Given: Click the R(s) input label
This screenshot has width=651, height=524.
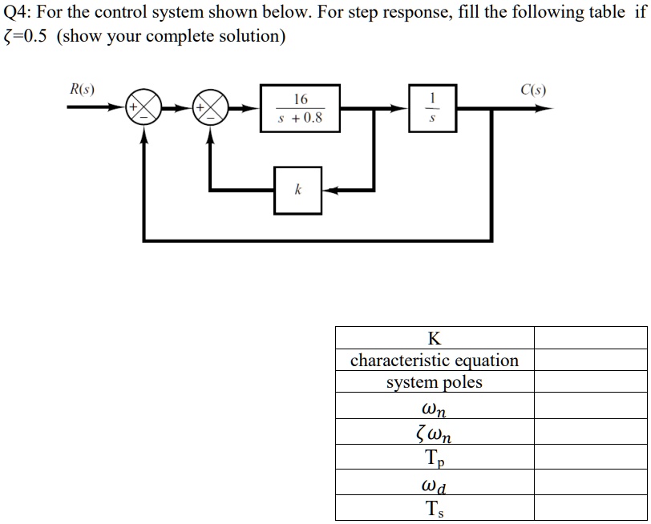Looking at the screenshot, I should (x=81, y=89).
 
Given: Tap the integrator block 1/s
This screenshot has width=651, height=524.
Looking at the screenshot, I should (x=433, y=109).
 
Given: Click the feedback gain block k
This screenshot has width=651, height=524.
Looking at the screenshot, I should (x=297, y=190).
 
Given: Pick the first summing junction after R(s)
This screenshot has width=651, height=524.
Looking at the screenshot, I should (x=144, y=109).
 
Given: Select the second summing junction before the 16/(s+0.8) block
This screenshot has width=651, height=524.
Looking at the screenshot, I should (x=211, y=109).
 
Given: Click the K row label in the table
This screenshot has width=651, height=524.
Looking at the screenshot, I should (x=434, y=337).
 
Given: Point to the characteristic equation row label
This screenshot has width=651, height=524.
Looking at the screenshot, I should (x=434, y=360).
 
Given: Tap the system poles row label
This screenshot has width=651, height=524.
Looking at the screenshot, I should (x=434, y=382).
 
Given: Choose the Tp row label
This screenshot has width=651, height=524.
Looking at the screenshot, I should (x=434, y=458).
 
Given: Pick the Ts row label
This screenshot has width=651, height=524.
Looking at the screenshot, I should (x=434, y=509).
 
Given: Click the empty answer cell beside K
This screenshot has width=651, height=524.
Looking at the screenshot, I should (x=590, y=337).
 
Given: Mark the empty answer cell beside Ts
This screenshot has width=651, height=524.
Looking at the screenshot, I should (x=590, y=509).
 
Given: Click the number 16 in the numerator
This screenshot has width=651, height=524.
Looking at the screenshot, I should (x=300, y=99).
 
